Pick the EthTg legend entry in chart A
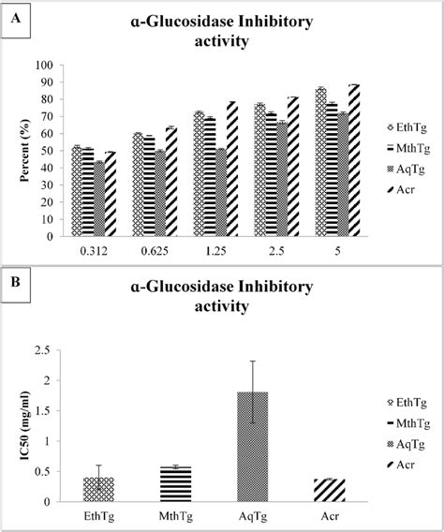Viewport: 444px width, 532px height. pyautogui.click(x=401, y=126)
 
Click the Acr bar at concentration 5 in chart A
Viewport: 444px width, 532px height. pyautogui.click(x=353, y=160)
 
